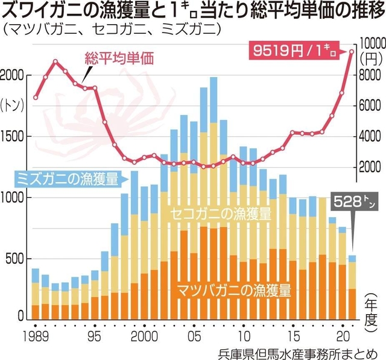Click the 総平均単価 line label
[119, 58]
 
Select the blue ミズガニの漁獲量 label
[67, 178]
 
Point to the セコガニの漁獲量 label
[220, 213]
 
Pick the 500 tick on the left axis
[17, 258]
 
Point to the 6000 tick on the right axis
[371, 106]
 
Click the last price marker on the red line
[352, 51]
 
